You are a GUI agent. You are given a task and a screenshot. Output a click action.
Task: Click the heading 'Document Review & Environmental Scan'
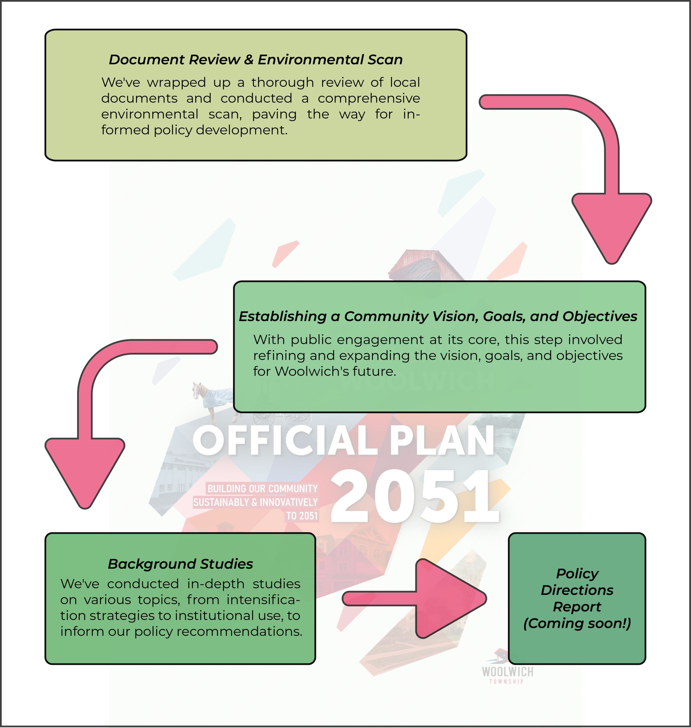coord(256,60)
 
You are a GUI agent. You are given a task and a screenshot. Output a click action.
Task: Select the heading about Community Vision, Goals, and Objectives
coord(438,316)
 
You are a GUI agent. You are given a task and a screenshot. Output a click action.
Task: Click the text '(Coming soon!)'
coord(577,623)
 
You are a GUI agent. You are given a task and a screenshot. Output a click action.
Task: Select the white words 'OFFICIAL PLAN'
coord(343,440)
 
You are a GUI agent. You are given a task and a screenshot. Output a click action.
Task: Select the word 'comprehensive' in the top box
coord(369,98)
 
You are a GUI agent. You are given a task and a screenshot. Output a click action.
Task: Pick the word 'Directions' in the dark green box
coord(577,590)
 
